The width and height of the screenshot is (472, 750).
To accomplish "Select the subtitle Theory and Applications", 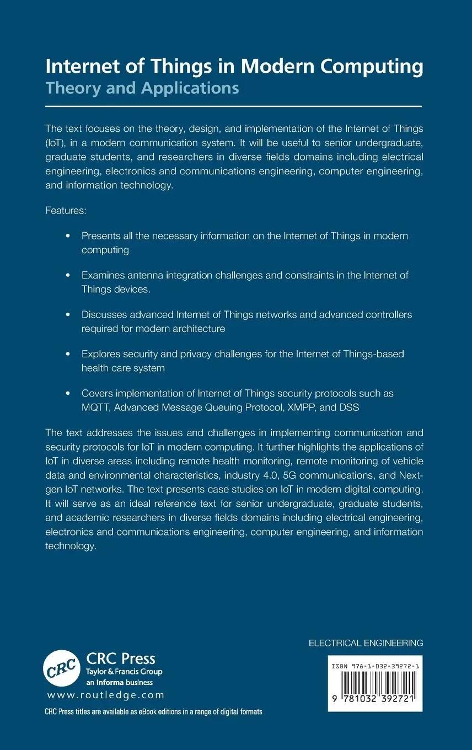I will click(142, 88).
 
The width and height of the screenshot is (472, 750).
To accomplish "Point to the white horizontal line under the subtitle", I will click(233, 106).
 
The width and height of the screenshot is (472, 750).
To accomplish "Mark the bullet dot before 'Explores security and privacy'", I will click(68, 354).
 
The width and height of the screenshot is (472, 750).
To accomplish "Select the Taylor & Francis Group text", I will click(124, 672).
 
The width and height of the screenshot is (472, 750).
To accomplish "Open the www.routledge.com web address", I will click(106, 695).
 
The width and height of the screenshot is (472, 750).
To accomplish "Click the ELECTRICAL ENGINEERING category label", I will click(366, 642).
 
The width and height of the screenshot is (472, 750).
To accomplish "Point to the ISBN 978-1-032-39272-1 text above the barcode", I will click(375, 666).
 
